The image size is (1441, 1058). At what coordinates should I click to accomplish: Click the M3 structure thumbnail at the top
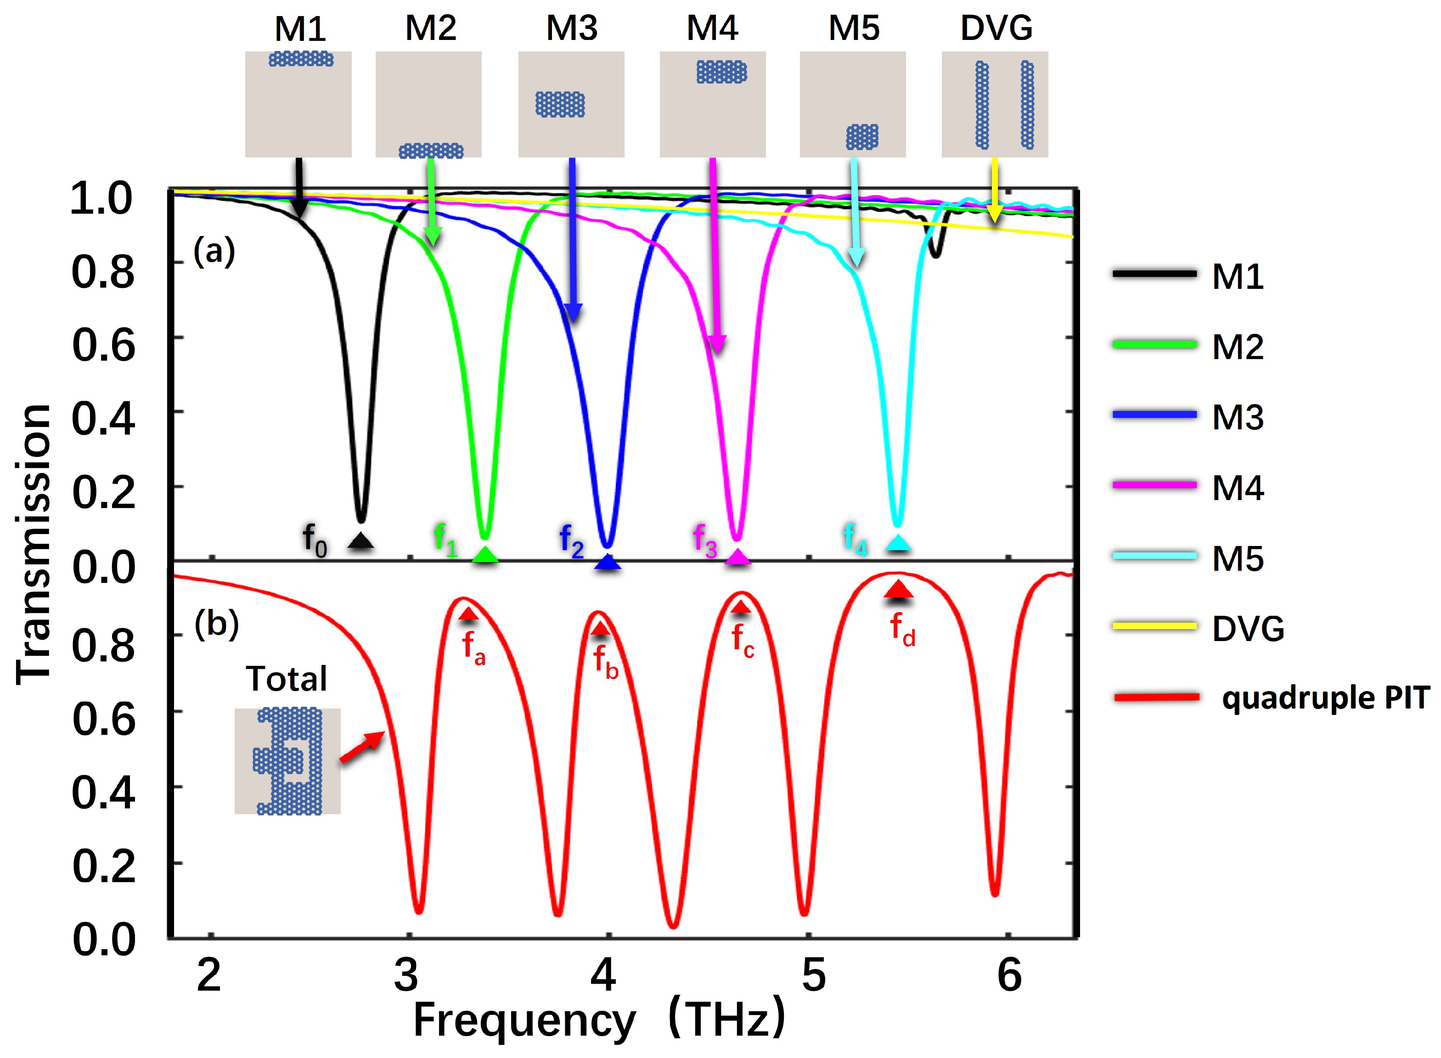[x=571, y=104]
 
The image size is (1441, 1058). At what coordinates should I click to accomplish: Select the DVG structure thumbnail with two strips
[x=994, y=104]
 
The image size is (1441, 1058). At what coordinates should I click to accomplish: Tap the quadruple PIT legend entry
[x=1271, y=698]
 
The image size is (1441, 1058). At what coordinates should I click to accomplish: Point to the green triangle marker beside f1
[x=485, y=555]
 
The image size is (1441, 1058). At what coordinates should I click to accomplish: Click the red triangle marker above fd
[x=899, y=589]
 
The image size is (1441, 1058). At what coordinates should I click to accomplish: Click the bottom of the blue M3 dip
[x=607, y=545]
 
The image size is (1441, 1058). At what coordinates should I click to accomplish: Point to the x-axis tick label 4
[x=603, y=976]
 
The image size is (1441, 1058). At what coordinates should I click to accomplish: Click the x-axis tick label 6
[x=1009, y=976]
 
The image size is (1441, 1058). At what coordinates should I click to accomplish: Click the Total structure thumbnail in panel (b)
[x=287, y=761]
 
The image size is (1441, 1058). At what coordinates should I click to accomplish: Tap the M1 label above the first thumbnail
[x=300, y=29]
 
